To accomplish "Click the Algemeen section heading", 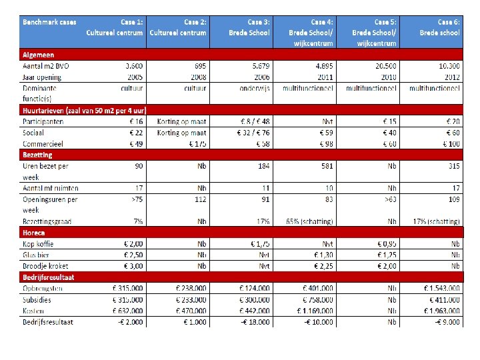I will [37, 55].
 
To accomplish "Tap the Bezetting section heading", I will [38, 155].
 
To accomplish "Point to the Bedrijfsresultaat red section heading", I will [49, 277].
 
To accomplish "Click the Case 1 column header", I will [115, 27].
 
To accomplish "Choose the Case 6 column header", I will [439, 27].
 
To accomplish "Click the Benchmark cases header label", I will [50, 23].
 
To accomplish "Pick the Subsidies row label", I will [37, 300].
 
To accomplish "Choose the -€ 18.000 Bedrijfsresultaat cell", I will [254, 322].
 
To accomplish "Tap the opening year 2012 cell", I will [450, 77].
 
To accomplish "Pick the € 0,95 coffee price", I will [387, 244].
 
